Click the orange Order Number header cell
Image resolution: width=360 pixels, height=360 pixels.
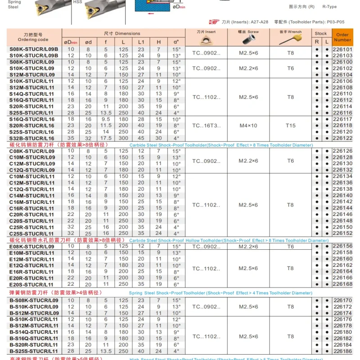[342, 37]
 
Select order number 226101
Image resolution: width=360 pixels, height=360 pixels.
[342, 49]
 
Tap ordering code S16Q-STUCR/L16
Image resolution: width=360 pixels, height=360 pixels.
[32, 119]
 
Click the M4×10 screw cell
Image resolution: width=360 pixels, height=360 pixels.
[249, 126]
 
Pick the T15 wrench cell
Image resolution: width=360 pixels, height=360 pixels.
[291, 126]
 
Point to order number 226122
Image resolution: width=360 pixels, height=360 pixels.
[342, 139]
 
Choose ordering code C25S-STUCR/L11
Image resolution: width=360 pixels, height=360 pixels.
[32, 234]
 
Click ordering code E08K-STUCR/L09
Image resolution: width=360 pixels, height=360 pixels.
[32, 247]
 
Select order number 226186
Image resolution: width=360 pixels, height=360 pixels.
[342, 351]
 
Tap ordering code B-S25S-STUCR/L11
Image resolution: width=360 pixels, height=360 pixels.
[34, 351]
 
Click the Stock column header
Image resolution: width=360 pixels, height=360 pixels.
[321, 33]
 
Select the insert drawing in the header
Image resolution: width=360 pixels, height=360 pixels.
[207, 40]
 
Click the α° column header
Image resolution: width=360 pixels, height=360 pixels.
[176, 42]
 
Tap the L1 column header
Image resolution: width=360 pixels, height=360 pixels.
[141, 42]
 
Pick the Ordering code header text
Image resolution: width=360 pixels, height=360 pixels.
[33, 40]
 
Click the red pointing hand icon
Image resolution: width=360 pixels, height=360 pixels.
[215, 22]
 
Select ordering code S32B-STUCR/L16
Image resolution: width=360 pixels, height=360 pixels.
[32, 139]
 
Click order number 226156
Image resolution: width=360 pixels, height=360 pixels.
[342, 247]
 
